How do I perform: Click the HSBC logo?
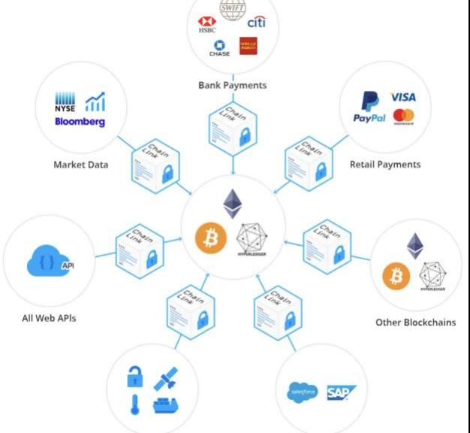click(x=206, y=25)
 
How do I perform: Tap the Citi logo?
click(x=256, y=23)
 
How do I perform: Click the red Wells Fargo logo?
click(x=248, y=45)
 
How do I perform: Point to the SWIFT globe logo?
click(x=232, y=7)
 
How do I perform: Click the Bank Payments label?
click(x=232, y=85)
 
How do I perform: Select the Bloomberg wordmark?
click(x=80, y=122)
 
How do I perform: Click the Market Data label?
click(x=80, y=164)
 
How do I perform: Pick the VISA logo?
click(x=402, y=98)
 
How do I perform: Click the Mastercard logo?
click(x=403, y=117)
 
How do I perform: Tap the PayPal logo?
click(x=369, y=110)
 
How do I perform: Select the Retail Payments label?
click(x=385, y=164)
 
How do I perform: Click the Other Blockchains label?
click(x=415, y=322)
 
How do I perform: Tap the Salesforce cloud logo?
click(x=303, y=392)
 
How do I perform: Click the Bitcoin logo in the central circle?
click(x=211, y=238)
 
